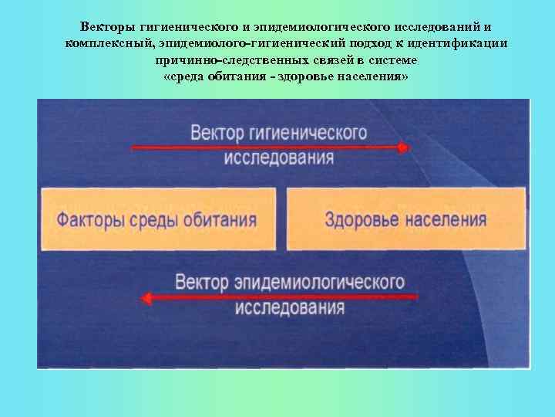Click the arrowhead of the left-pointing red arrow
click(147, 297)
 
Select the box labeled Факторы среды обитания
click(158, 219)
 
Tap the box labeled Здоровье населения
click(406, 219)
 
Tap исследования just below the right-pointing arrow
click(279, 159)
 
